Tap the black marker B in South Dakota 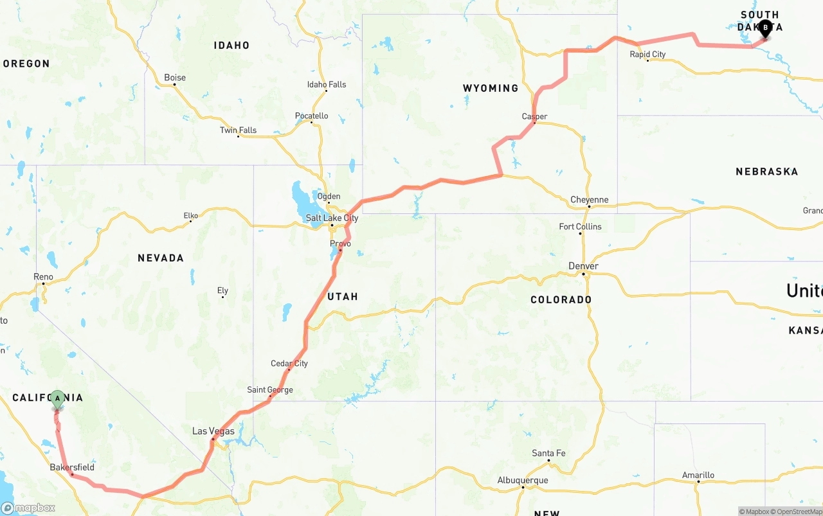pos(765,28)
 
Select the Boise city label pos(175,78)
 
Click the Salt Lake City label pos(332,218)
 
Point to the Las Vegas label pos(213,431)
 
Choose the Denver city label pos(583,266)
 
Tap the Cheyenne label pos(589,200)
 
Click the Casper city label pos(534,116)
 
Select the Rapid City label pos(647,55)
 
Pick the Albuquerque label pos(523,481)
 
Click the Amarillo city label pos(698,476)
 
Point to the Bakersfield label pos(72,467)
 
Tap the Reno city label pos(43,277)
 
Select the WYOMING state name pos(491,88)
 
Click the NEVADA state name pos(161,258)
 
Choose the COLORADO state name pos(561,299)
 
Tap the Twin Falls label pos(238,130)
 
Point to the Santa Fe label pos(548,454)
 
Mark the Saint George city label pos(270,390)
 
